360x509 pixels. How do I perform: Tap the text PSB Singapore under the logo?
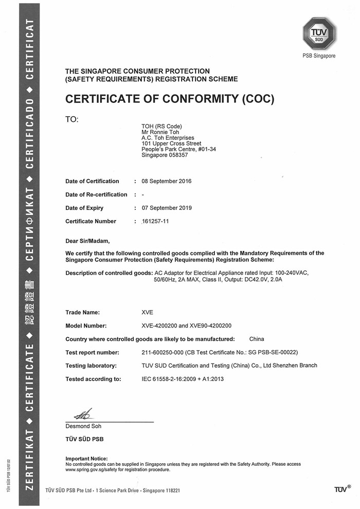click(319, 56)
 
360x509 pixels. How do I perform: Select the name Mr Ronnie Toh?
click(159, 132)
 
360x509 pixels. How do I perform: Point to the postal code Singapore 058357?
click(165, 155)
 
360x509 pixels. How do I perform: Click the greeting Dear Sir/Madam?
click(87, 240)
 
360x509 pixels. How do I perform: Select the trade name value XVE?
click(148, 312)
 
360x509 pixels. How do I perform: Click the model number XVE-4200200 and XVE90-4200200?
click(186, 325)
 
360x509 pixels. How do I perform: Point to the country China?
click(256, 339)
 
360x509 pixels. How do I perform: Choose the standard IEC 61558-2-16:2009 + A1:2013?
click(183, 379)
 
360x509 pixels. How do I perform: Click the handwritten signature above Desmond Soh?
click(83, 413)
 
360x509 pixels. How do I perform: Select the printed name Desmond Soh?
click(83, 426)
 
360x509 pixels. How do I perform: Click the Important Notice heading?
click(86, 459)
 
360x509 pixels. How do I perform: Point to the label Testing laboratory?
click(91, 366)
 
